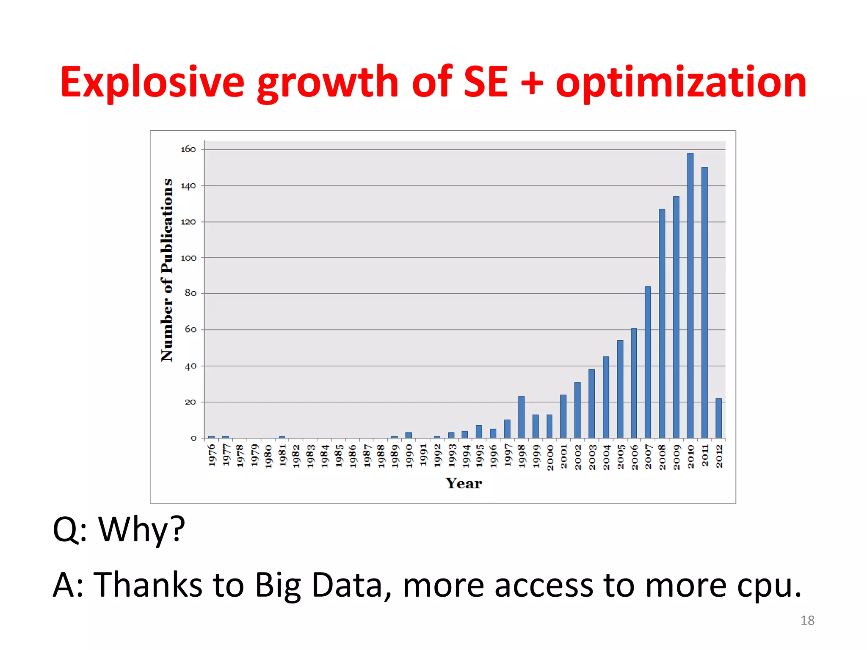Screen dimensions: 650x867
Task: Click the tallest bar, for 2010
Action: click(690, 296)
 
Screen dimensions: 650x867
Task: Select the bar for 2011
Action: click(704, 303)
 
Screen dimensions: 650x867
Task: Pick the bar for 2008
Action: click(662, 324)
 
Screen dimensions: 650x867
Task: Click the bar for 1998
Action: click(521, 417)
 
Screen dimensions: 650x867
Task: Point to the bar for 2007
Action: click(648, 362)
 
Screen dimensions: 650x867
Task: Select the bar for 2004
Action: click(606, 397)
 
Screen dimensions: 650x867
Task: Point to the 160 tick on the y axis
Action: click(188, 149)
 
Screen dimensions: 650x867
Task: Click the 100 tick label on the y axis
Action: click(188, 258)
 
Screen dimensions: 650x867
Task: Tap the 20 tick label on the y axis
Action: click(190, 402)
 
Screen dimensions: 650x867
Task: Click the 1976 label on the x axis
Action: click(212, 455)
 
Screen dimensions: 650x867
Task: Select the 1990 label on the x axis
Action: click(409, 456)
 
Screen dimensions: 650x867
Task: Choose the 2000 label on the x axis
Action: click(550, 457)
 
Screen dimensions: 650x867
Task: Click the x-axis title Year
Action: click(464, 483)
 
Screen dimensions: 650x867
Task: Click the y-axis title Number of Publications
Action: click(167, 270)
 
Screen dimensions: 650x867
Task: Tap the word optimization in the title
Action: click(681, 83)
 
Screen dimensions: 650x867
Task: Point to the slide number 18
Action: click(807, 620)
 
